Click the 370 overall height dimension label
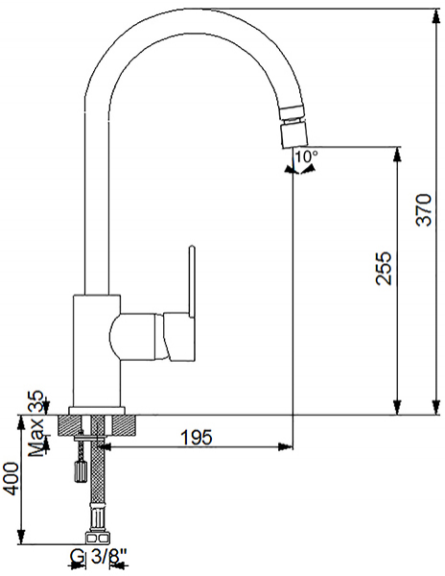(x=425, y=209)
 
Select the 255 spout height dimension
(x=385, y=268)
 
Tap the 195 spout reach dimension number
(x=197, y=437)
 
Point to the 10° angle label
(x=307, y=156)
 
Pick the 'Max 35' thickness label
(x=36, y=424)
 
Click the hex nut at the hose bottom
(x=97, y=538)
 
